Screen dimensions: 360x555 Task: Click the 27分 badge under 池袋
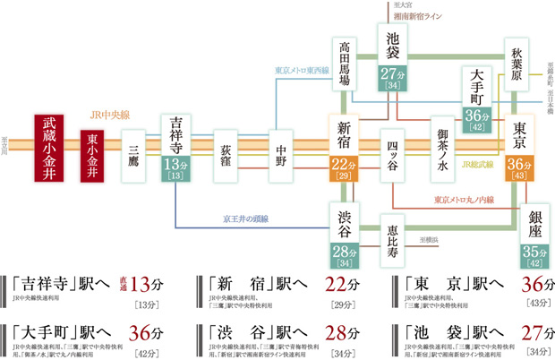click(394, 79)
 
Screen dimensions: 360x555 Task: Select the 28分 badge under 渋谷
click(345, 253)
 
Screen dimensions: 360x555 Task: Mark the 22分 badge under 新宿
click(345, 168)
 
